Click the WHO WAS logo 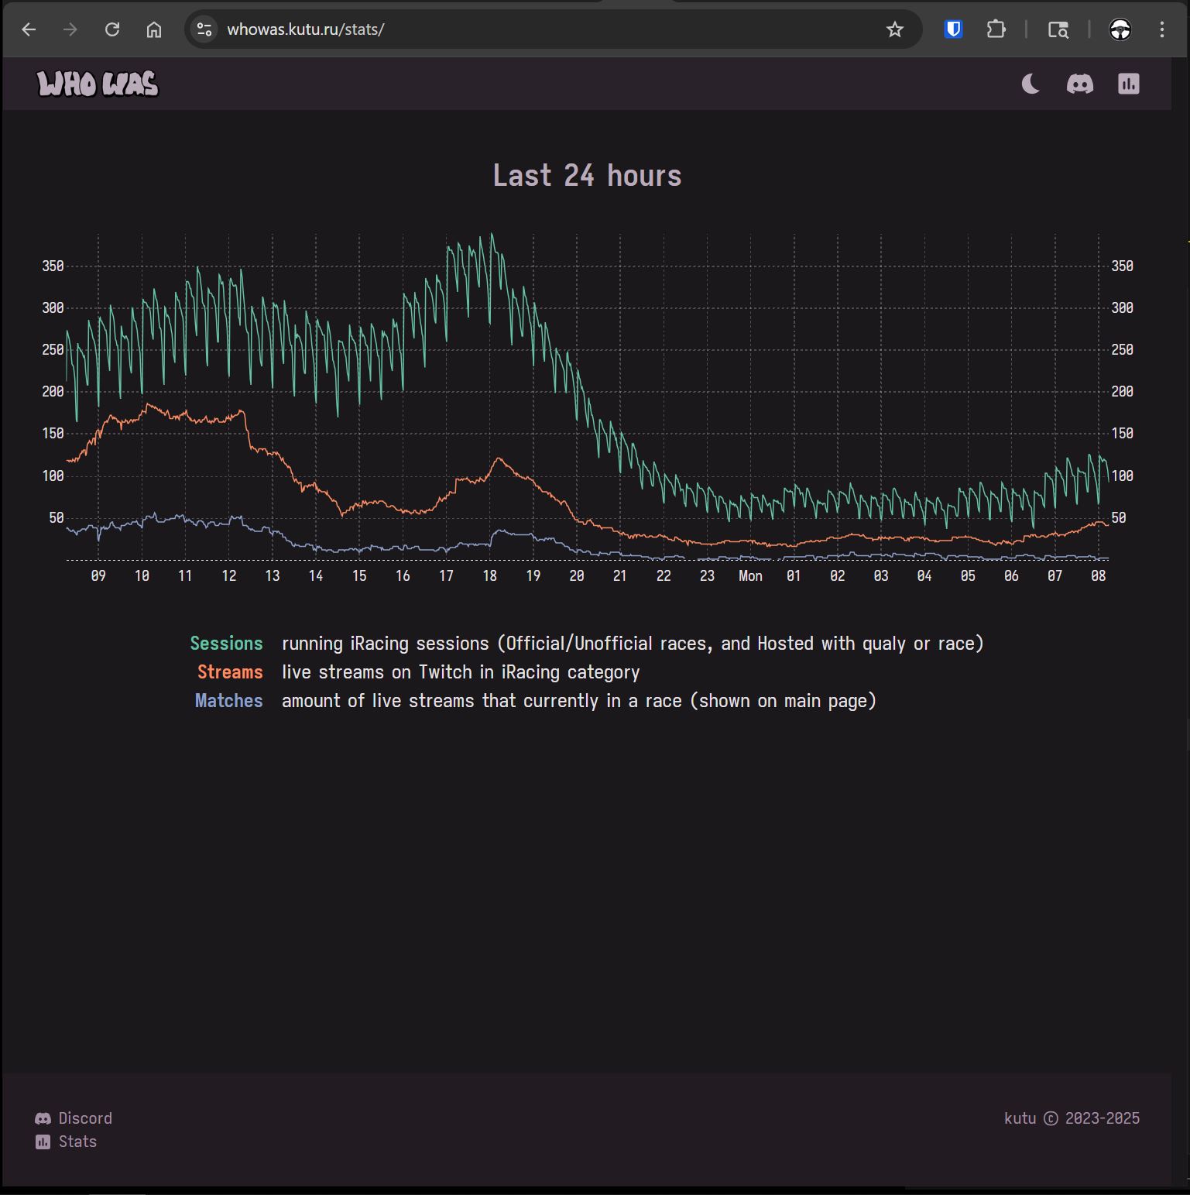tap(98, 84)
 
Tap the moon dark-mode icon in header tap(1031, 84)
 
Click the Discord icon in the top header tap(1079, 84)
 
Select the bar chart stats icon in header tap(1128, 84)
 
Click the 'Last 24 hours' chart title tap(587, 176)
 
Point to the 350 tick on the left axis tap(53, 266)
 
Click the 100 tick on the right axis tap(1122, 476)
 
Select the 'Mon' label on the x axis tap(749, 576)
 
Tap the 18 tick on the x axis tap(489, 576)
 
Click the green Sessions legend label tap(226, 644)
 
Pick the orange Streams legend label tap(230, 672)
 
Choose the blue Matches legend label tap(228, 701)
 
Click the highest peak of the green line tap(492, 234)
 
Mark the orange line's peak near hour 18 tap(499, 458)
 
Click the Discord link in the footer tap(84, 1118)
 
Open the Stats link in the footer tap(77, 1142)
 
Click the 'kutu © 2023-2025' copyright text tap(1072, 1118)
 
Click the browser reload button tap(112, 29)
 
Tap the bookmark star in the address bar tap(894, 29)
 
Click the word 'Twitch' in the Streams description tap(445, 672)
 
